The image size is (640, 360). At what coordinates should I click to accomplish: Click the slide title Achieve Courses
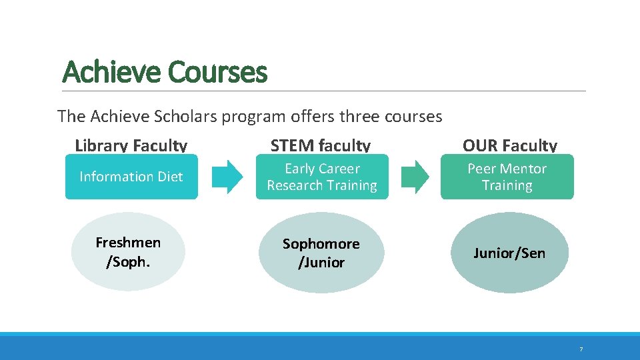click(x=165, y=71)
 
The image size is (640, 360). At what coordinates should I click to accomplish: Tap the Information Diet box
click(x=131, y=177)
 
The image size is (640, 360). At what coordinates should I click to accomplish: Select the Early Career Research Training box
click(x=322, y=177)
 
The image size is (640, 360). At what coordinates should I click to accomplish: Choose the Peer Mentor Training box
click(x=507, y=177)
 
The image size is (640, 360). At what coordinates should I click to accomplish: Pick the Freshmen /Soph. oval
click(x=128, y=251)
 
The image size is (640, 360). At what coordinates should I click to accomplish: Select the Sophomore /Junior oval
click(x=321, y=253)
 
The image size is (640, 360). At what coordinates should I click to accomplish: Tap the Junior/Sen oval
click(x=509, y=253)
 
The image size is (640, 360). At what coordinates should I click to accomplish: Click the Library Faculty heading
click(x=131, y=145)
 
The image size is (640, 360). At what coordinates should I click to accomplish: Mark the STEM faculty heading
click(x=321, y=145)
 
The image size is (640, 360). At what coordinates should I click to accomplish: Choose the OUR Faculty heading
click(x=510, y=145)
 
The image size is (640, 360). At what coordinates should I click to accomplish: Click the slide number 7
click(x=581, y=349)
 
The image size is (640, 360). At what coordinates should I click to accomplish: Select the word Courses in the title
click(x=218, y=71)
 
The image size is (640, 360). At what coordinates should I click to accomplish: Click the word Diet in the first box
click(x=169, y=177)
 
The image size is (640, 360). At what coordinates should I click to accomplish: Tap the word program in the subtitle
click(x=255, y=117)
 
